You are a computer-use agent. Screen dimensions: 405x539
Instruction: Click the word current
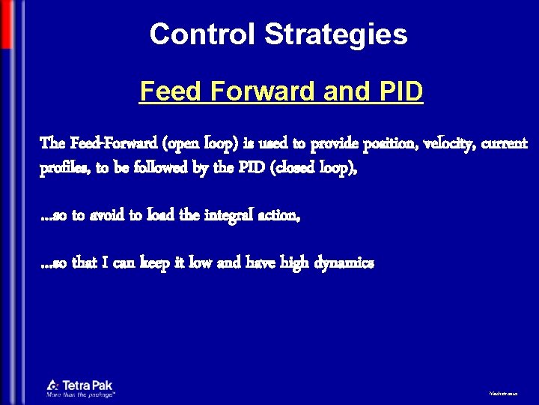tap(504, 142)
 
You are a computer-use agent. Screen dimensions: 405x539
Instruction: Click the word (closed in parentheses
tap(274, 169)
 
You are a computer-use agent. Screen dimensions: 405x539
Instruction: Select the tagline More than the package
tap(80, 394)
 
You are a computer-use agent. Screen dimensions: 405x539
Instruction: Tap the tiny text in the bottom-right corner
tap(502, 392)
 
